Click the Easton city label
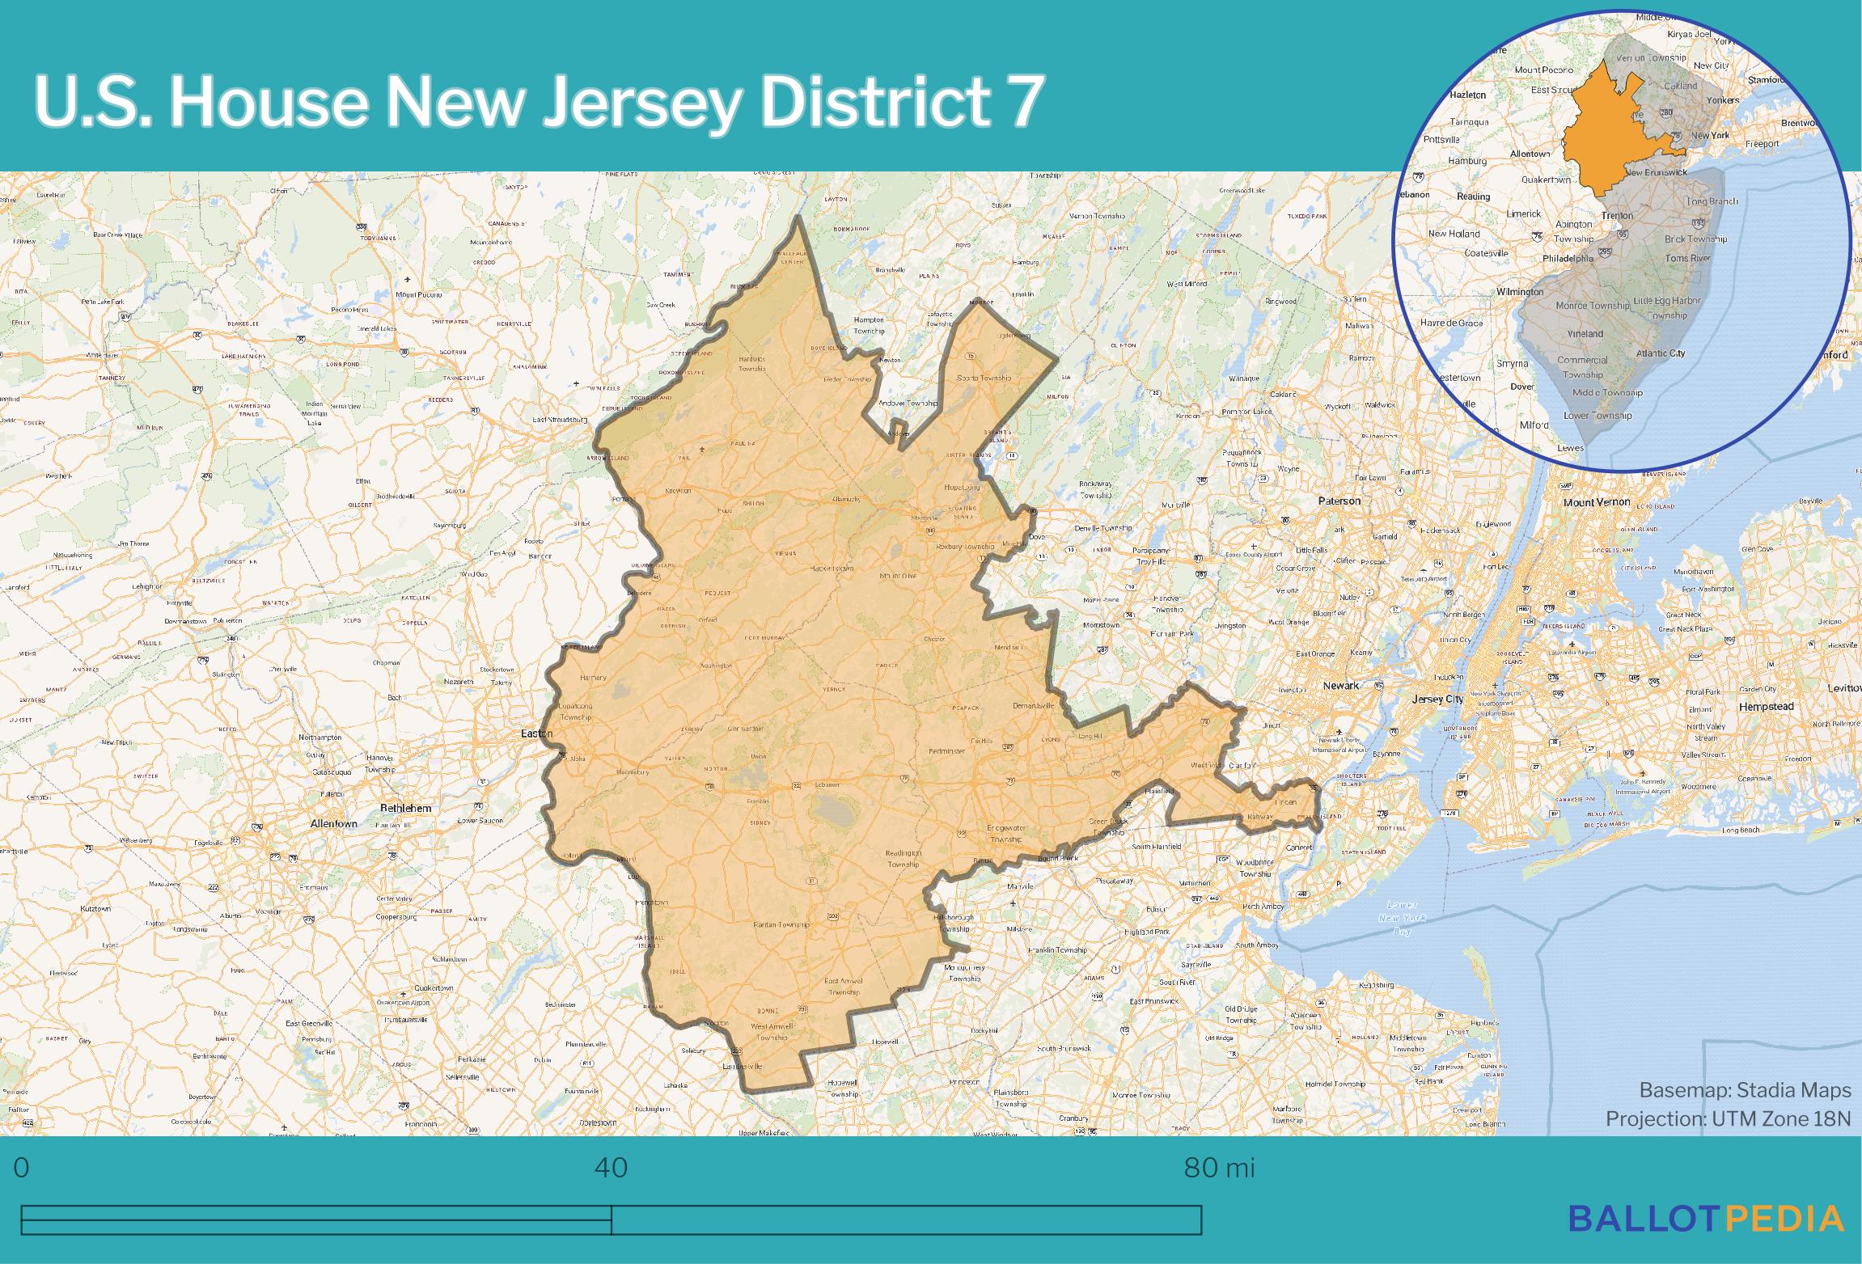click(536, 733)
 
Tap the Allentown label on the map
click(333, 823)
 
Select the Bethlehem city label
click(406, 808)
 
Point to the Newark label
click(1340, 686)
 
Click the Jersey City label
click(1437, 699)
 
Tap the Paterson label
click(1339, 501)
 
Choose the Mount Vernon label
click(1597, 502)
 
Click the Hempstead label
click(1766, 706)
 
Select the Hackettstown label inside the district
click(832, 569)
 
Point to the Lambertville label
click(743, 1067)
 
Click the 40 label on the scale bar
click(611, 1168)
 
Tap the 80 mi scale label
click(1219, 1168)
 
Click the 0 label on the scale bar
click(22, 1168)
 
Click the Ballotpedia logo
click(1706, 1219)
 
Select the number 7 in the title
click(1020, 102)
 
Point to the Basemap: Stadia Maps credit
click(1745, 1090)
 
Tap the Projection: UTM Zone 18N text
click(1728, 1118)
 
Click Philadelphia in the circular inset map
click(1568, 259)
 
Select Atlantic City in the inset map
click(1661, 353)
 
